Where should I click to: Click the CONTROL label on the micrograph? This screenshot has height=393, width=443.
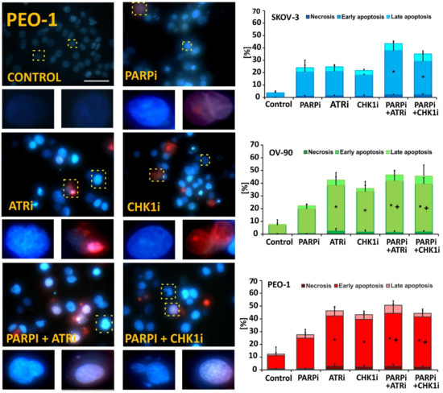pyautogui.click(x=35, y=78)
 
